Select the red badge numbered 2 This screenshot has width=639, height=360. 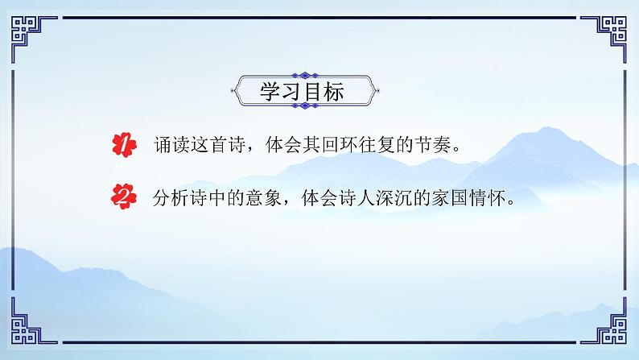(x=122, y=196)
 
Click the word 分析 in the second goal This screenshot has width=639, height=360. (x=172, y=196)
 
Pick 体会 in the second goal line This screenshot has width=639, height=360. (x=328, y=196)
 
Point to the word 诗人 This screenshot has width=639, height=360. (x=365, y=196)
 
